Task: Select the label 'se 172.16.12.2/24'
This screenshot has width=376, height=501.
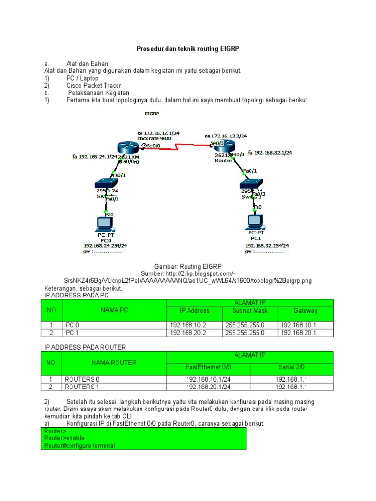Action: (225, 136)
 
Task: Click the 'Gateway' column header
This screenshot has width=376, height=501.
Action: (305, 311)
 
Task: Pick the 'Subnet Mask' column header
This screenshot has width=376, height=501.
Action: (250, 311)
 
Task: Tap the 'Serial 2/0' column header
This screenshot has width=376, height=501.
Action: (291, 367)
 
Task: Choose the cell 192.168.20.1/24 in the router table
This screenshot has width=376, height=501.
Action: (208, 387)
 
